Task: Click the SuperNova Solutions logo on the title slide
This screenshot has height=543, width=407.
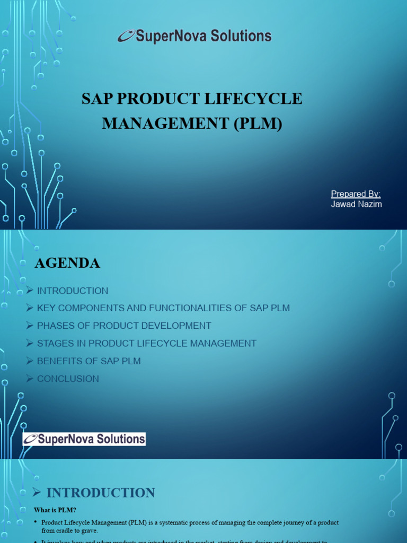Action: pos(194,36)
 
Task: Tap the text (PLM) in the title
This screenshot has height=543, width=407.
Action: pos(259,124)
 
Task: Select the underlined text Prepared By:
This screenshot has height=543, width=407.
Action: pos(356,194)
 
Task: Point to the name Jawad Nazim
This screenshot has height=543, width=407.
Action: pos(356,204)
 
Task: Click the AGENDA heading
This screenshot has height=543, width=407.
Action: pos(67,263)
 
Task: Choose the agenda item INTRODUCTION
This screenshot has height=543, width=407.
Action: pos(73,291)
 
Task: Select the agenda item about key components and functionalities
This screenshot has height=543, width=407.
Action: pos(163,308)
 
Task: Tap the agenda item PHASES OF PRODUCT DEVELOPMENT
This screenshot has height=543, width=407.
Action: pos(124,326)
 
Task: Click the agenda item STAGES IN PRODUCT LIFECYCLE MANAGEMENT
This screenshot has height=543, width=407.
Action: pos(147,344)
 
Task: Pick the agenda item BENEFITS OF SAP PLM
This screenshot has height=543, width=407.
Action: pos(89,361)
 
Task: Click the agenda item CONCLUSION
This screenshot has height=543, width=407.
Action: pos(68,379)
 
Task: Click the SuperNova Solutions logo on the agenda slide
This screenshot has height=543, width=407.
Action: pos(84,439)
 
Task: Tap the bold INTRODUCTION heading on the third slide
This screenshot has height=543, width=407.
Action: pos(101,493)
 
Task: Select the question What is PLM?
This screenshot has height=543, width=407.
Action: pos(55,510)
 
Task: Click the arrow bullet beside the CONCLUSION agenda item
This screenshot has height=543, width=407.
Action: pos(30,379)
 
